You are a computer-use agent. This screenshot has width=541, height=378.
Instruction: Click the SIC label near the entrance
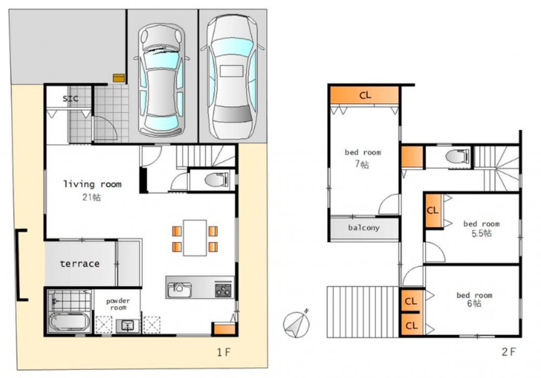pyautogui.click(x=70, y=99)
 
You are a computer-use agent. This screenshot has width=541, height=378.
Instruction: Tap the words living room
pyautogui.click(x=93, y=184)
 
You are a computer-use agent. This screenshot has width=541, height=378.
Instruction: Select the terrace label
pyautogui.click(x=80, y=264)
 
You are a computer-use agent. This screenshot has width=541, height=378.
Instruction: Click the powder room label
pyautogui.click(x=118, y=305)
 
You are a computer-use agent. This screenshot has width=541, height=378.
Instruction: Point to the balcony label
pyautogui.click(x=364, y=228)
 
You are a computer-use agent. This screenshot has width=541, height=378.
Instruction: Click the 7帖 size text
pyautogui.click(x=362, y=164)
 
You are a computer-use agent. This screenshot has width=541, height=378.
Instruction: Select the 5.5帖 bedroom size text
pyautogui.click(x=481, y=233)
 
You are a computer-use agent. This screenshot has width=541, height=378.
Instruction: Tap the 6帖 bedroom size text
pyautogui.click(x=474, y=303)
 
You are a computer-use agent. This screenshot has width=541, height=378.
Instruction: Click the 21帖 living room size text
pyautogui.click(x=91, y=198)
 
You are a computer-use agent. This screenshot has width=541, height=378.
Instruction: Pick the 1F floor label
pyautogui.click(x=223, y=352)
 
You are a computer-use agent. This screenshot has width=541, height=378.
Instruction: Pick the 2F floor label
pyautogui.click(x=509, y=352)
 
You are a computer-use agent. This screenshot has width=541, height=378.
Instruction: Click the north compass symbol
pyautogui.click(x=296, y=324)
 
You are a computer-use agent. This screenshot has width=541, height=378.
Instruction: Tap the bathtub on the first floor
pyautogui.click(x=69, y=322)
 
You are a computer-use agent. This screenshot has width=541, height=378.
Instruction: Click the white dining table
pyautogui.click(x=195, y=238)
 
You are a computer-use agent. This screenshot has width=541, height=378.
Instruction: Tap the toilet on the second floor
pyautogui.click(x=458, y=156)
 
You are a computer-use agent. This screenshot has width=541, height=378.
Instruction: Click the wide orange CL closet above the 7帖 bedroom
pyautogui.click(x=365, y=95)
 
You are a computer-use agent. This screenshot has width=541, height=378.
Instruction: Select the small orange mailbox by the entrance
pyautogui.click(x=118, y=78)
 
